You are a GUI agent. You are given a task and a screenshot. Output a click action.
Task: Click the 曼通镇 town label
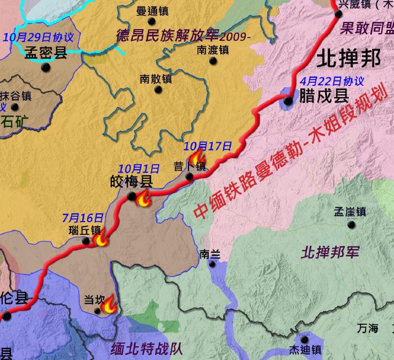pyautogui.click(x=153, y=12)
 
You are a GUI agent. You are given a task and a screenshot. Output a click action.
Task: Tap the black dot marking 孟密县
pyautogui.click(x=46, y=67)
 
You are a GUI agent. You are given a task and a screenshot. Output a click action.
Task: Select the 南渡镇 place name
pyautogui.click(x=212, y=50)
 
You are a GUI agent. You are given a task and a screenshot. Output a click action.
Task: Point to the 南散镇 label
pyautogui.click(x=156, y=79)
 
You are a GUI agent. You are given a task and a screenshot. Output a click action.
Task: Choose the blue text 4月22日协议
pyautogui.click(x=331, y=82)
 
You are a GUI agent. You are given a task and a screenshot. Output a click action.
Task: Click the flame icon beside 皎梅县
pyautogui.click(x=144, y=200)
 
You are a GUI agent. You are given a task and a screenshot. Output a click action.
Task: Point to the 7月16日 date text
pyautogui.click(x=83, y=218)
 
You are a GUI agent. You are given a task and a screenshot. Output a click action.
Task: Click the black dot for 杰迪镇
pyautogui.click(x=305, y=339)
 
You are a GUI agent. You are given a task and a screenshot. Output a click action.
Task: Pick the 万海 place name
pyautogui.click(x=367, y=329)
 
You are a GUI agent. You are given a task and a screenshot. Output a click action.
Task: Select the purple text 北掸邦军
pyautogui.click(x=331, y=253)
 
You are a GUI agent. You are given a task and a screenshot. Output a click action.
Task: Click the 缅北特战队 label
pyautogui.click(x=147, y=349)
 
